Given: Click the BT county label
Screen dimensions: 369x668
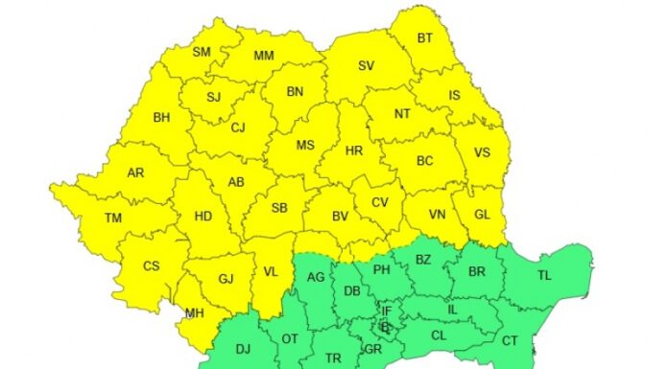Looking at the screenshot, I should [425, 39].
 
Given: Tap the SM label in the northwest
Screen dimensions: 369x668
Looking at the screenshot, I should [202, 52].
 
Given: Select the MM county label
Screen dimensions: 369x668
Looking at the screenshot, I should [264, 57].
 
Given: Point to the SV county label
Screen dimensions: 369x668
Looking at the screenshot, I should [366, 66].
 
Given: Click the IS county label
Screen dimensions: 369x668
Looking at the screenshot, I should [454, 95].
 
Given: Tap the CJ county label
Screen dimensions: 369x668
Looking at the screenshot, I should [239, 127].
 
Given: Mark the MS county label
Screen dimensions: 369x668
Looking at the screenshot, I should [305, 146].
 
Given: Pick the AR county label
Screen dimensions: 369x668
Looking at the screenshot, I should [135, 173].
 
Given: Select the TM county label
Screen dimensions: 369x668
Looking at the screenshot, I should [113, 219].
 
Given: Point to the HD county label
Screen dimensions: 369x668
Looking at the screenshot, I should [203, 217].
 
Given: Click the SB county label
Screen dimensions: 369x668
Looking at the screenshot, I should [279, 208].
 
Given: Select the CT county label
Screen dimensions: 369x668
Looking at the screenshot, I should [510, 340].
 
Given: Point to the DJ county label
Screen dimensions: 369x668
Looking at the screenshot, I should [242, 350].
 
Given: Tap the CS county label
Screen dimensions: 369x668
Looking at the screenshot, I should [151, 265].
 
